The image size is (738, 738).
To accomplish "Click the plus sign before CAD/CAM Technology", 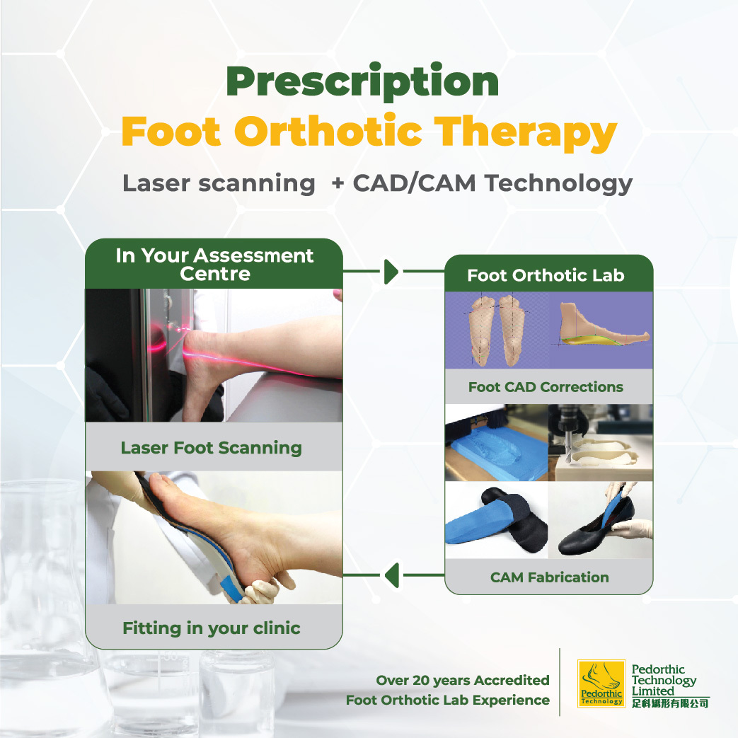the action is pyautogui.click(x=338, y=183).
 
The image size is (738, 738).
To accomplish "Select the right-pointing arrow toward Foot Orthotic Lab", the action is pyautogui.click(x=391, y=272).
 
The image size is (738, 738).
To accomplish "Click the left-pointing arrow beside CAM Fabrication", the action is pyautogui.click(x=391, y=575).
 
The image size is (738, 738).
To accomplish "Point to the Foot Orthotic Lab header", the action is pyautogui.click(x=546, y=275).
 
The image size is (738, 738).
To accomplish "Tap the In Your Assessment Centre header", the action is pyautogui.click(x=214, y=264).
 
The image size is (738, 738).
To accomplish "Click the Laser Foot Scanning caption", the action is pyautogui.click(x=212, y=448).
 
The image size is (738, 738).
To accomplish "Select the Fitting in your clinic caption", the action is pyautogui.click(x=212, y=628).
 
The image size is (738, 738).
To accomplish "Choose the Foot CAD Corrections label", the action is pyautogui.click(x=546, y=387).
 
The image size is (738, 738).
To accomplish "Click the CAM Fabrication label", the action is pyautogui.click(x=549, y=577).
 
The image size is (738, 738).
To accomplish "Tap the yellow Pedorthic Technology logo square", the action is pyautogui.click(x=601, y=684).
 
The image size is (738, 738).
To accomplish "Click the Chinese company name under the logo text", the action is pyautogui.click(x=670, y=703).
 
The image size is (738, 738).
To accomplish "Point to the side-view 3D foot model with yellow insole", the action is pyautogui.click(x=601, y=325).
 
